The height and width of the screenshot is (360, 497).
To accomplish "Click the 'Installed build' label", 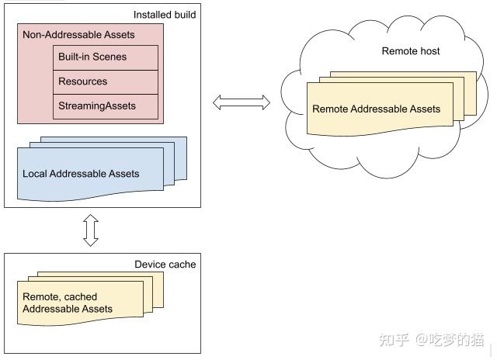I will tap(164, 15).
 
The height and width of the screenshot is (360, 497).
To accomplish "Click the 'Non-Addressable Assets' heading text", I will tap(78, 35).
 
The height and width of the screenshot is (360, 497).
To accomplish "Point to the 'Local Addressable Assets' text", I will tap(81, 174).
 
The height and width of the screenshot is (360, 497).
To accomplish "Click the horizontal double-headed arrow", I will tap(241, 102).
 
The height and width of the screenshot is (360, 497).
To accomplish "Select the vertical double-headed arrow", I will tap(91, 230).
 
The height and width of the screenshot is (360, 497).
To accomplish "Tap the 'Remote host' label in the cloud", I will tap(411, 51).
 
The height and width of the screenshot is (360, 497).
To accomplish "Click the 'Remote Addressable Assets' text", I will tap(376, 109).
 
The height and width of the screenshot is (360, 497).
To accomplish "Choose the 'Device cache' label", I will tap(165, 265).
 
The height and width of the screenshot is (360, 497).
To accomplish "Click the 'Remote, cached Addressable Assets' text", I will tap(68, 303).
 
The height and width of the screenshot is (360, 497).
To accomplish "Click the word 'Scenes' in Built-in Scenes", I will tap(109, 57).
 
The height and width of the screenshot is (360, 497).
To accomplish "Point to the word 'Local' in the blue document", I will tap(35, 174).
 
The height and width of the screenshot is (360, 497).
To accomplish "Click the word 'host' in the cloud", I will tap(428, 51).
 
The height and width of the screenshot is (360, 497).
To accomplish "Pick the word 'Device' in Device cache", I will tap(150, 265).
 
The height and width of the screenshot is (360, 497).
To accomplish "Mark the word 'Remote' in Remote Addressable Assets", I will tap(330, 109).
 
